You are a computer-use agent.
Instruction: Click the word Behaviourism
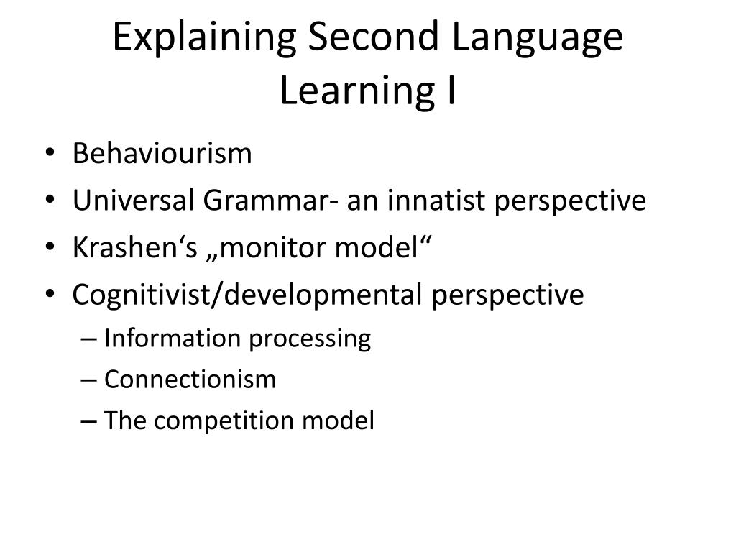(x=162, y=154)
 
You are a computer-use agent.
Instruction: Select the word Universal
(x=133, y=201)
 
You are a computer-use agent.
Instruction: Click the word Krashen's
(x=120, y=248)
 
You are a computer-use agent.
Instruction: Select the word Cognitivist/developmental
(x=247, y=295)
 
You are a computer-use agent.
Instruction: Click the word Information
(x=172, y=338)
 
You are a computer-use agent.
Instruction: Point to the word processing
(x=310, y=339)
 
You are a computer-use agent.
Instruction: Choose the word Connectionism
(x=190, y=379)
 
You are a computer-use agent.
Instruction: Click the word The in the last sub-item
(x=124, y=421)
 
